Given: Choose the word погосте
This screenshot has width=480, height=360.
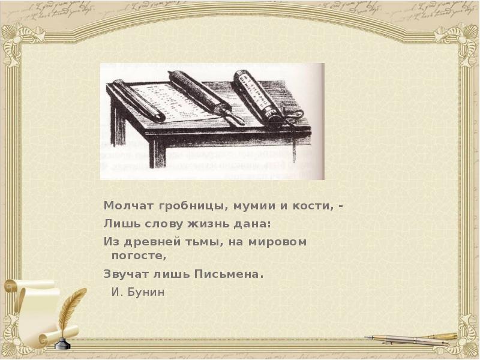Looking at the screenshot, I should pyautogui.click(x=137, y=255).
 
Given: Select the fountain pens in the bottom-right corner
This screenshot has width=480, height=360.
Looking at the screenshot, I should pyautogui.click(x=414, y=339).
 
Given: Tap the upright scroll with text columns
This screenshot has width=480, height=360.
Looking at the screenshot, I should pyautogui.click(x=258, y=96).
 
